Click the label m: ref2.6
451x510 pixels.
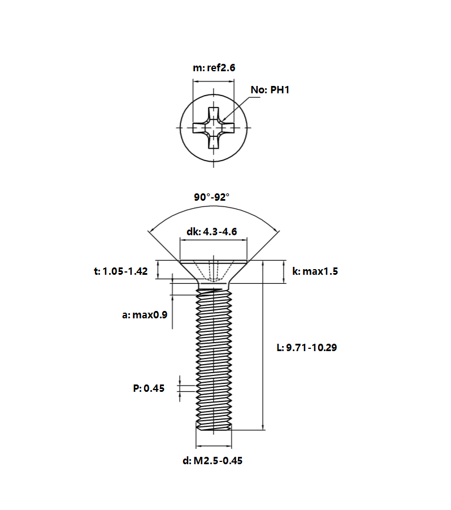214,68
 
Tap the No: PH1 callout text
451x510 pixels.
270,90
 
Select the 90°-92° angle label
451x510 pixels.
212,197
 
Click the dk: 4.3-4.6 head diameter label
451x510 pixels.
212,232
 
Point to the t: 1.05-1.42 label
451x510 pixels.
120,271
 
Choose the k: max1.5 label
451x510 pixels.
315,271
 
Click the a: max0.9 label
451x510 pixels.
145,315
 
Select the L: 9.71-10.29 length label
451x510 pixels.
307,347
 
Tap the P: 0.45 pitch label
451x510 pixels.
149,388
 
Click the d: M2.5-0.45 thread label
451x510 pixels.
213,461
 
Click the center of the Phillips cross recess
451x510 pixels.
213,128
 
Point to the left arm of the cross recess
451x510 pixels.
200,128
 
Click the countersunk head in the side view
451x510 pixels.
213,272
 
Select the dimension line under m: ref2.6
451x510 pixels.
213,81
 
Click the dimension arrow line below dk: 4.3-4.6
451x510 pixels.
213,240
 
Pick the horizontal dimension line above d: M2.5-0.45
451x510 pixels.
214,446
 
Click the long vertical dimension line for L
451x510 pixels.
263,345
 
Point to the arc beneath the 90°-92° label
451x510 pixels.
214,206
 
